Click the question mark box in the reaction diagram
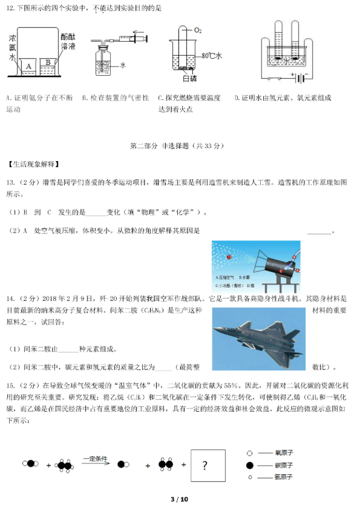tap(208, 465)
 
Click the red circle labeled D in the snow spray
tap(229, 257)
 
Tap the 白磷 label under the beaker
tap(189, 78)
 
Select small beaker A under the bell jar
tap(28, 64)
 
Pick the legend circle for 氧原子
tap(249, 452)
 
